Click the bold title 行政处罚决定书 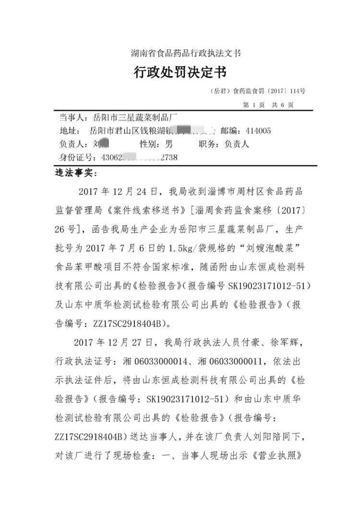tap(180, 72)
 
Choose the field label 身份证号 tap(76, 157)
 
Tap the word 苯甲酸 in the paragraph tap(93, 267)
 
